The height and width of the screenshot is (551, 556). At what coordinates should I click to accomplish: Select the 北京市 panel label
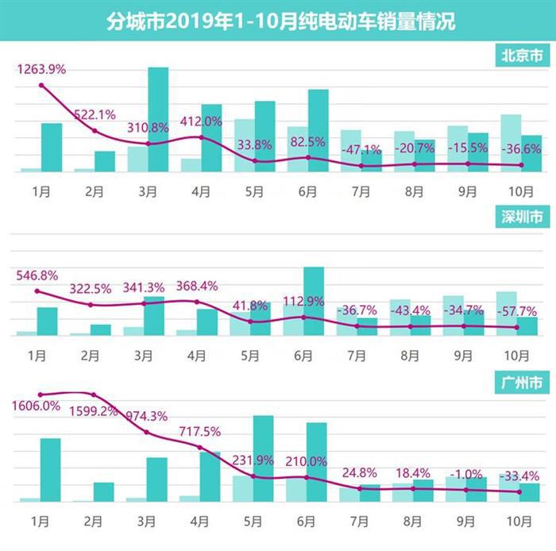[x=522, y=56]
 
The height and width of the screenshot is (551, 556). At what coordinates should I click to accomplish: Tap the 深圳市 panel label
[x=522, y=217]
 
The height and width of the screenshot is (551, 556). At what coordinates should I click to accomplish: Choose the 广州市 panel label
[x=522, y=383]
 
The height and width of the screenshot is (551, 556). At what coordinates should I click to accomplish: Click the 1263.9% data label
[x=41, y=69]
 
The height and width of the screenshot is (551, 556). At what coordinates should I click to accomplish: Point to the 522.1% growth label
[x=95, y=114]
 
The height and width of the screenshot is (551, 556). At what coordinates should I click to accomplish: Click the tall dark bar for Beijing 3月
[x=158, y=119]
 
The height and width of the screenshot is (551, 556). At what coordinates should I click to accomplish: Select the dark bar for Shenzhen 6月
[x=314, y=301]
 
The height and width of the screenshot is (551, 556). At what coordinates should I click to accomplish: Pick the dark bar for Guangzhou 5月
[x=263, y=458]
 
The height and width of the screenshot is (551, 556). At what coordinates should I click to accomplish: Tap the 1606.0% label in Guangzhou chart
[x=37, y=406]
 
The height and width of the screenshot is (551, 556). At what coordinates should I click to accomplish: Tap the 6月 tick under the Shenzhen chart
[x=307, y=355]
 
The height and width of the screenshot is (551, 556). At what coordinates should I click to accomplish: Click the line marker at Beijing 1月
[x=41, y=85]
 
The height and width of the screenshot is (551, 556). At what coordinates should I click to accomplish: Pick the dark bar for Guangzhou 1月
[x=51, y=469]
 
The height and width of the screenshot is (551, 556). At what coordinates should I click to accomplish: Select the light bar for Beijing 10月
[x=511, y=143]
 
